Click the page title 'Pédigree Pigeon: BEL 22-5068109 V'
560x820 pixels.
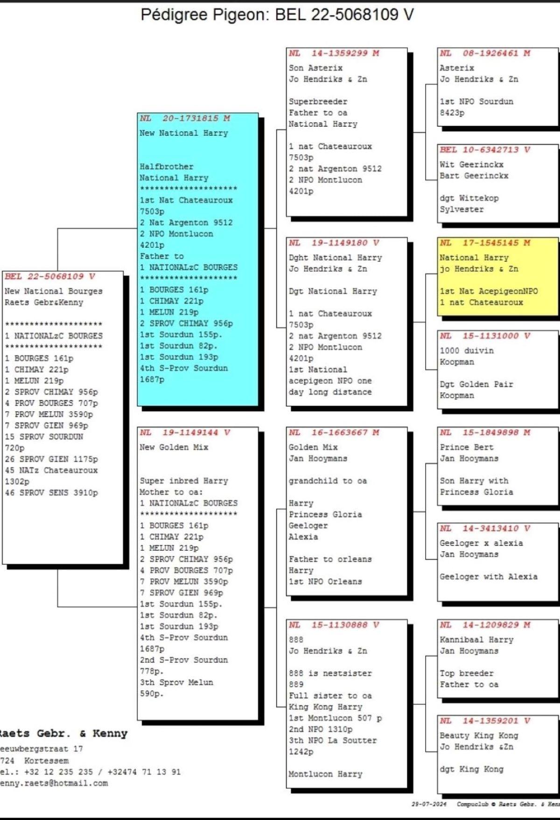(x=277, y=14)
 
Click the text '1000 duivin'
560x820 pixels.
(x=467, y=350)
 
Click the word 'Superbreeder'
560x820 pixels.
(x=318, y=102)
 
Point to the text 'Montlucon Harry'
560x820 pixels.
(x=325, y=774)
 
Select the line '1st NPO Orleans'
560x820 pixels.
(x=325, y=582)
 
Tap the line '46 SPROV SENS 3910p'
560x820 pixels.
(x=51, y=493)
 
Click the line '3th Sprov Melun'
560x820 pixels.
(x=176, y=682)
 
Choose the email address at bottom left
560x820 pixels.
(x=53, y=783)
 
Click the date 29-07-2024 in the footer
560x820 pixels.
(x=429, y=804)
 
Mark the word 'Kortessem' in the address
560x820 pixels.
(x=46, y=761)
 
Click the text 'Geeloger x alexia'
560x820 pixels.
(x=481, y=543)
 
